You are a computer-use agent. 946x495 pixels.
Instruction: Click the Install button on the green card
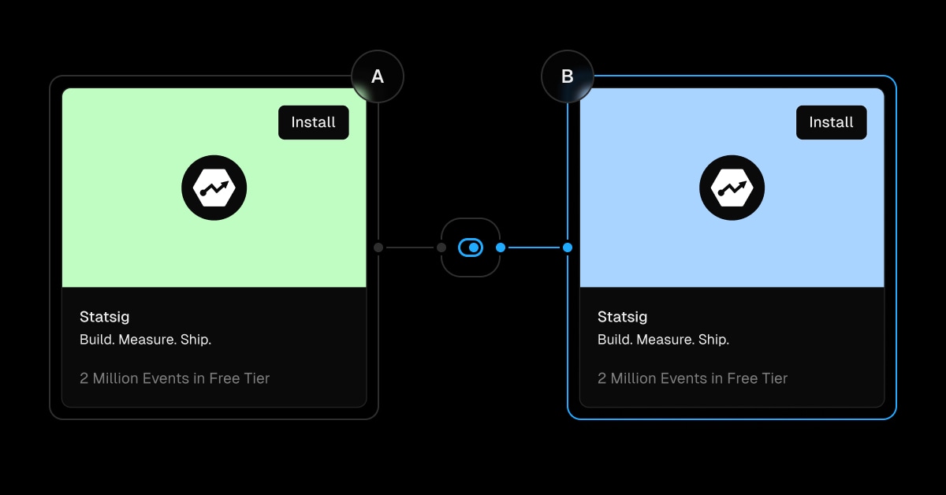[x=314, y=122]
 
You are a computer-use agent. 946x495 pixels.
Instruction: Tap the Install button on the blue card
[x=831, y=122]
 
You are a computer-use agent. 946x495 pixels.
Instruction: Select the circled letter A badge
[x=378, y=76]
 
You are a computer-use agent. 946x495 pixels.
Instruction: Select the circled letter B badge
[x=567, y=76]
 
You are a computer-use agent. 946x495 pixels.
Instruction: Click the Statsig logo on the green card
[x=214, y=188]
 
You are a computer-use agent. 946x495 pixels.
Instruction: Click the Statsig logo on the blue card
[x=732, y=188]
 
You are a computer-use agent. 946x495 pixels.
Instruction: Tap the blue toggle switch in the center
[x=471, y=247]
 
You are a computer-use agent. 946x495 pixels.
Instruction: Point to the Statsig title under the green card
[x=104, y=317]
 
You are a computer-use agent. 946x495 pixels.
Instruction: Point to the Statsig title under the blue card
[x=622, y=317]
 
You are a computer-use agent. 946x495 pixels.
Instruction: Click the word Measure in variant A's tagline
[x=147, y=340]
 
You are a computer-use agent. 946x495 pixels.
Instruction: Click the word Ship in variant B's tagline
[x=713, y=340]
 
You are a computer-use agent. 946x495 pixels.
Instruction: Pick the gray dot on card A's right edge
[x=378, y=247]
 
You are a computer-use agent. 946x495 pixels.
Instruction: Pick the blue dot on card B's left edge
[x=568, y=247]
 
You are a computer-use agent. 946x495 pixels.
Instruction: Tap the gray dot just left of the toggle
[x=441, y=247]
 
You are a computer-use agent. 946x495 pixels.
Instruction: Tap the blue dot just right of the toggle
[x=501, y=247]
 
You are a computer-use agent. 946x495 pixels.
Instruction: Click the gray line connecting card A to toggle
[x=410, y=247]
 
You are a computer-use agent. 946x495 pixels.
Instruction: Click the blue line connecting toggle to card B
[x=534, y=247]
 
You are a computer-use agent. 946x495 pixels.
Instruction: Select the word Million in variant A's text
[x=115, y=378]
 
